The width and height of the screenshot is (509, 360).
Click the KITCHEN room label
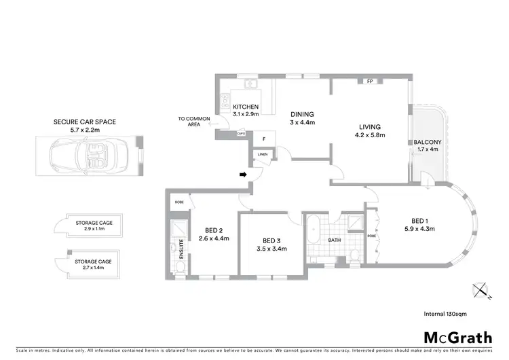pos(246,107)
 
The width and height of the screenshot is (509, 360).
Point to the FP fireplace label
pos(370,82)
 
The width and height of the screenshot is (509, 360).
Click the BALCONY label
pos(427,143)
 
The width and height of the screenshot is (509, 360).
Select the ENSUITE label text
pos(181,249)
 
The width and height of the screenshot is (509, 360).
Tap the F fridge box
pos(263,139)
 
